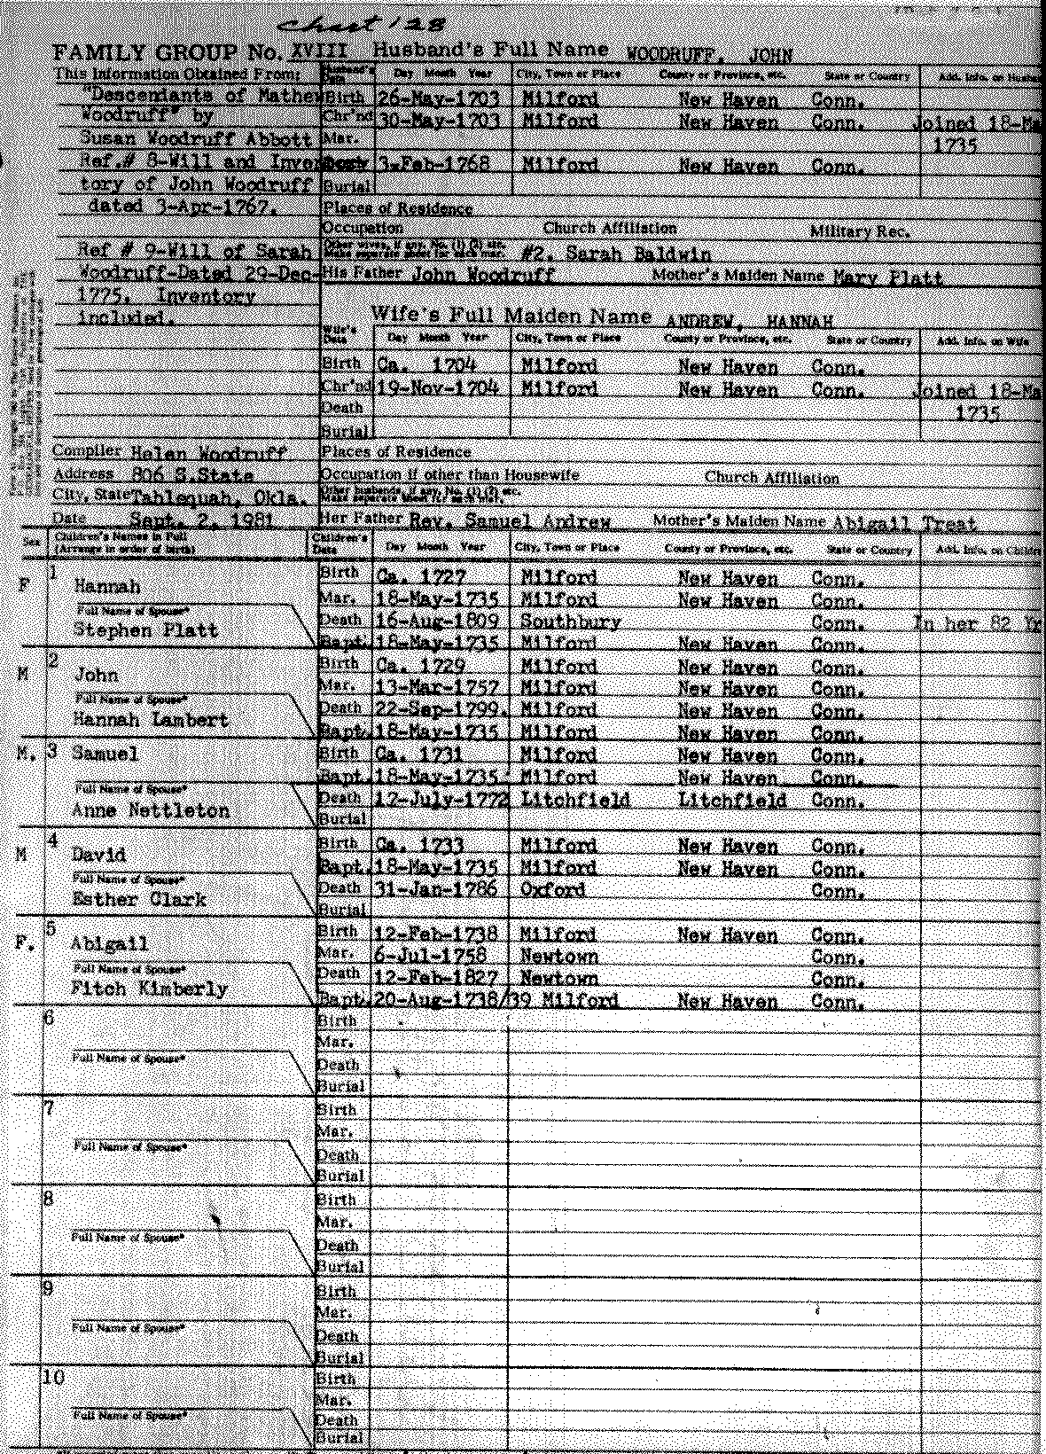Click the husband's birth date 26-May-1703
pyautogui.click(x=439, y=98)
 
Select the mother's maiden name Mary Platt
pyautogui.click(x=887, y=278)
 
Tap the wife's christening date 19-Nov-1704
pyautogui.click(x=438, y=388)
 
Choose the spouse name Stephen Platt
pyautogui.click(x=145, y=630)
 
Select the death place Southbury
pyautogui.click(x=570, y=621)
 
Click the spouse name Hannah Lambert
pyautogui.click(x=151, y=720)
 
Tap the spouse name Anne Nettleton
pyautogui.click(x=151, y=810)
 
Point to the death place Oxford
pyautogui.click(x=552, y=889)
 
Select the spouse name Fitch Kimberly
pyautogui.click(x=149, y=989)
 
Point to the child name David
pyautogui.click(x=99, y=856)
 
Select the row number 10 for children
pyautogui.click(x=54, y=1377)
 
